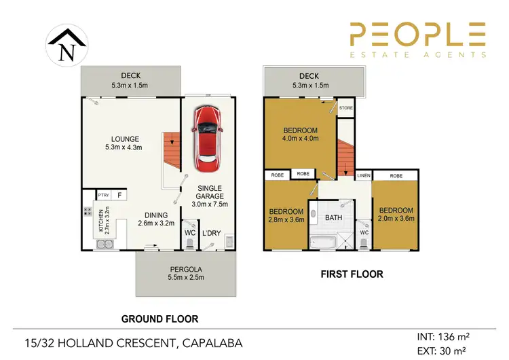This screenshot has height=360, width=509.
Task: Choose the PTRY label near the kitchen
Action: (104, 196)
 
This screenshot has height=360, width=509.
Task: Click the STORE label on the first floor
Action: (346, 107)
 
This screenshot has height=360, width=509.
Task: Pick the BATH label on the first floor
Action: (333, 218)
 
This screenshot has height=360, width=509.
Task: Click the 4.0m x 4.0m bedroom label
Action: (299, 135)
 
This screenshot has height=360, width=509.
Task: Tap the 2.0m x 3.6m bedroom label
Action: (396, 214)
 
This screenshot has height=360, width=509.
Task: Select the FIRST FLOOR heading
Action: (352, 274)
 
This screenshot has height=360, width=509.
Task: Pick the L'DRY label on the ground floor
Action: (212, 233)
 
